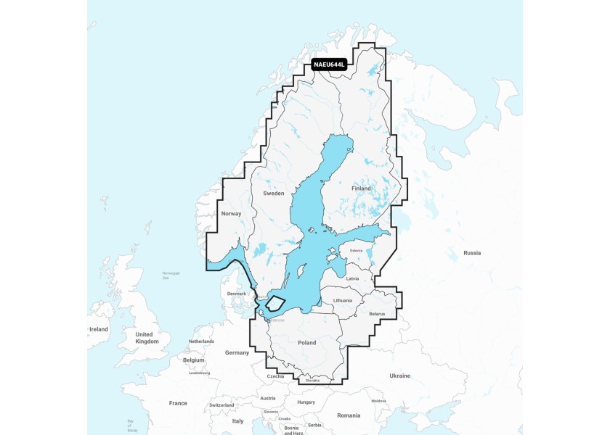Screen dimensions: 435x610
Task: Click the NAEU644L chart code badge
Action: point(329,65)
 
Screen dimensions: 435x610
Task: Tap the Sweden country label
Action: point(274,194)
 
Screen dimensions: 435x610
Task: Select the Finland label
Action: point(361,188)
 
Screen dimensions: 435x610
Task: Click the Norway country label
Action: point(230,214)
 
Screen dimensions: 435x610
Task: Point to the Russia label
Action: point(472,253)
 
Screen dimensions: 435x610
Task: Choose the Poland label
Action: point(307,343)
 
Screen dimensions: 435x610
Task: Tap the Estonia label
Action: point(356,251)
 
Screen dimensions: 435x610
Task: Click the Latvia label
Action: point(353,278)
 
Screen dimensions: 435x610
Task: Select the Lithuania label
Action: point(343,300)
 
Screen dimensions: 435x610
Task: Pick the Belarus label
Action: point(376,314)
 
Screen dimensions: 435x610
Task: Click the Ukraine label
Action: point(399,376)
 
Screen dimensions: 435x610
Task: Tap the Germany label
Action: point(237,352)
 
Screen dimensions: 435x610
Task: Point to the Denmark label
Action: point(237,294)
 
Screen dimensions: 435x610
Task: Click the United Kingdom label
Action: point(147,337)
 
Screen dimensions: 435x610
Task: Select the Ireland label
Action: point(98,329)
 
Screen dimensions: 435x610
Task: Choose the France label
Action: point(178,403)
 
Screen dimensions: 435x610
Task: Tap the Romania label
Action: point(348,415)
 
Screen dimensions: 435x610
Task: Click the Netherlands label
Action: point(201,341)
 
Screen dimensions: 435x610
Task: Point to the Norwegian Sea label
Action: point(171,274)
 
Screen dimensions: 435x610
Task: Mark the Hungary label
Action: point(306,402)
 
